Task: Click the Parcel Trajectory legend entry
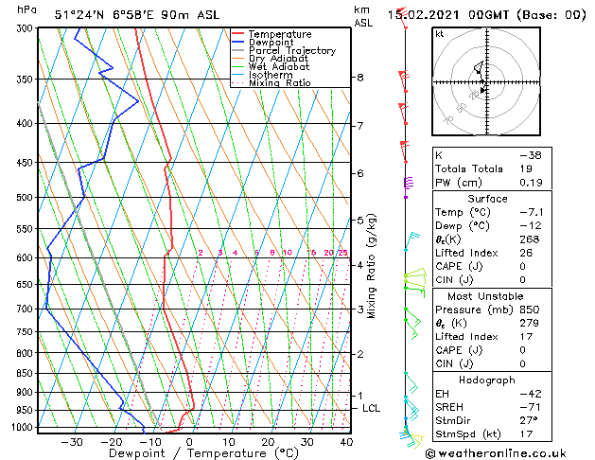(x=291, y=50)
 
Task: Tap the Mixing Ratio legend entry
(x=279, y=82)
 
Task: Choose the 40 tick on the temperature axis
(x=346, y=441)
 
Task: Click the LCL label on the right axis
(x=372, y=408)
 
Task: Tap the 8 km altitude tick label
(x=360, y=78)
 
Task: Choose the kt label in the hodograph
(x=440, y=34)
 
